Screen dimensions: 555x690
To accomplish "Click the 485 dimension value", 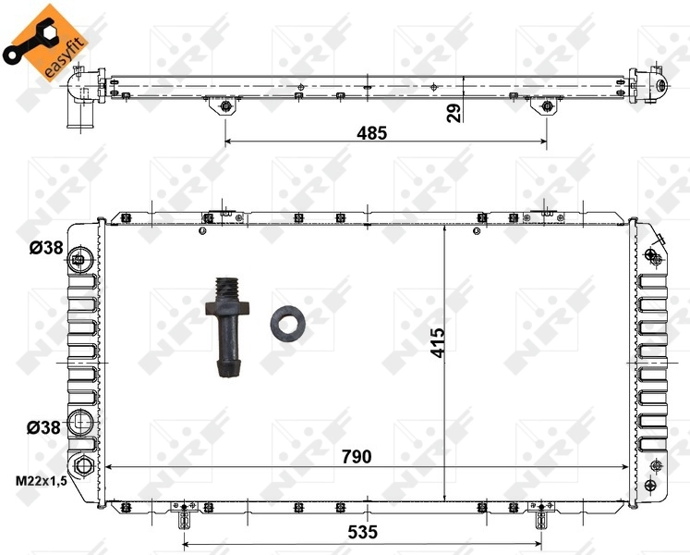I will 372,132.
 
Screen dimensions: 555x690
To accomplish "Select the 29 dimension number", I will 454,112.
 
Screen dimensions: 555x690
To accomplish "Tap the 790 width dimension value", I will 356,456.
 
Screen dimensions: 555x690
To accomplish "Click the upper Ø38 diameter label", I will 43,247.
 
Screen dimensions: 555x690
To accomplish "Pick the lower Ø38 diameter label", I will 43,426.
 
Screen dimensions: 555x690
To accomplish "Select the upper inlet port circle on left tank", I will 81,257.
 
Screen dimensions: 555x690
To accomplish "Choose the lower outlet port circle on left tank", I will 81,425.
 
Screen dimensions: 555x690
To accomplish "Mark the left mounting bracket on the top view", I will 224,107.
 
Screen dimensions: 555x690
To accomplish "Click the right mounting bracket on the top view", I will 547,107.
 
